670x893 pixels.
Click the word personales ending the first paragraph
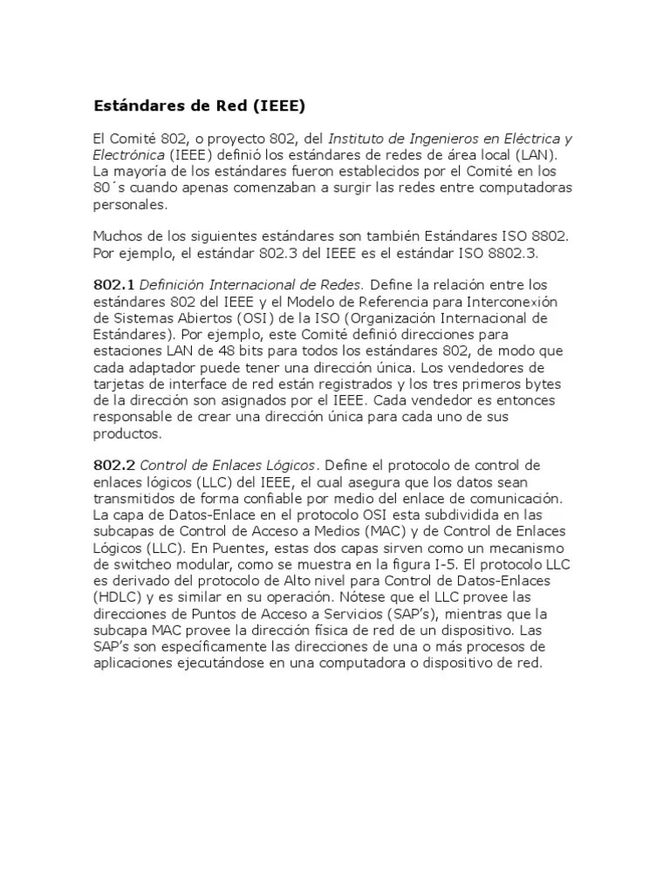(x=128, y=205)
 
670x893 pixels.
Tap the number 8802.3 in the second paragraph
(x=516, y=253)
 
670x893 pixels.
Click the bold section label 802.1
(x=113, y=285)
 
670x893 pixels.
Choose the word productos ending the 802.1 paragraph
(x=127, y=433)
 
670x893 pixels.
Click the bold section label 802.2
(x=113, y=466)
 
